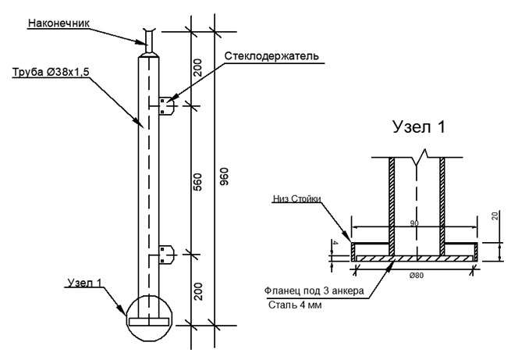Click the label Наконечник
[x=59, y=23]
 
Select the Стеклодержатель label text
[x=271, y=56]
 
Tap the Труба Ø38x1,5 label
[x=51, y=72]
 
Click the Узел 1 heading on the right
[x=419, y=127]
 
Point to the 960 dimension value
[x=225, y=176]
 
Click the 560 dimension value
[x=198, y=182]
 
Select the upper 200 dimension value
[x=198, y=67]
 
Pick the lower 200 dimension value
[x=198, y=291]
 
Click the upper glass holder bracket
[x=167, y=106]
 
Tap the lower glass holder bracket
[x=167, y=255]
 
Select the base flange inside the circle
[x=149, y=322]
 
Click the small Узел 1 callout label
[x=85, y=283]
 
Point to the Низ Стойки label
[x=297, y=199]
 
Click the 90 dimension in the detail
[x=414, y=223]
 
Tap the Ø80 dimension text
[x=417, y=276]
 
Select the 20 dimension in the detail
[x=495, y=216]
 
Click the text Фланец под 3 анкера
[x=314, y=290]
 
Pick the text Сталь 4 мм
[x=295, y=305]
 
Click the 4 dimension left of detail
[x=333, y=243]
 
